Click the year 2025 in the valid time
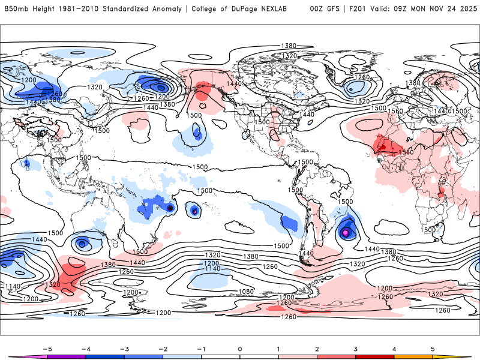[467, 9]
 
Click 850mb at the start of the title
[16, 9]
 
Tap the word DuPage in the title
[247, 9]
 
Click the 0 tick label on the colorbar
[240, 349]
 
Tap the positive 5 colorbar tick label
[433, 349]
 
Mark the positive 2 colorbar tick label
[317, 349]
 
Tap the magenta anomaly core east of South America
[346, 232]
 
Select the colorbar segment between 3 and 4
[374, 357]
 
